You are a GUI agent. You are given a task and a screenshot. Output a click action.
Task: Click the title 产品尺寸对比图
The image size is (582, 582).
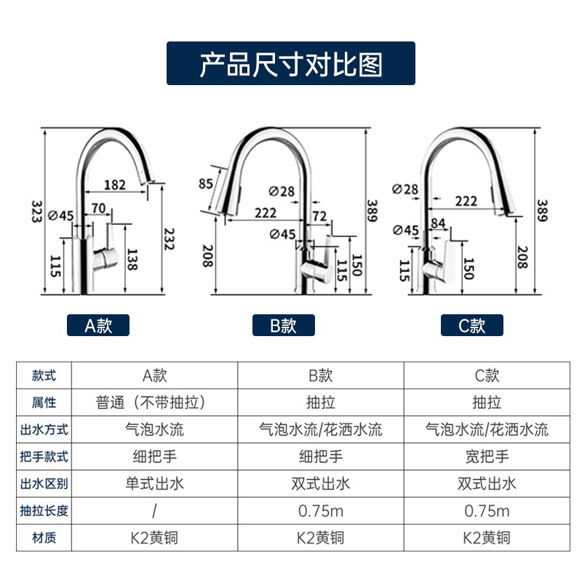(x=291, y=64)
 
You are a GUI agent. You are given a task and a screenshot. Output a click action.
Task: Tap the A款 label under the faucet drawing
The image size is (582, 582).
(x=98, y=325)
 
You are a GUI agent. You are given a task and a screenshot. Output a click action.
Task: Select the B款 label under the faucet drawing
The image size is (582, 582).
(x=284, y=325)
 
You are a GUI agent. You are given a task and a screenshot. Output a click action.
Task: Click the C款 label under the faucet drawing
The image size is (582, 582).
(x=471, y=325)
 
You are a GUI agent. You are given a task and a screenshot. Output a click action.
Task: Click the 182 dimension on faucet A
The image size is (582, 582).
(x=114, y=185)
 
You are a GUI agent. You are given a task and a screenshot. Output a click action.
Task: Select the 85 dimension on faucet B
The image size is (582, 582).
(x=205, y=184)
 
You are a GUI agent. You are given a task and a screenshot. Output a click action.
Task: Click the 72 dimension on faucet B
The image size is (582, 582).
(x=319, y=217)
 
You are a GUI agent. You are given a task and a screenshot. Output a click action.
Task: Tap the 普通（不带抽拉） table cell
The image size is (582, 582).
(x=154, y=402)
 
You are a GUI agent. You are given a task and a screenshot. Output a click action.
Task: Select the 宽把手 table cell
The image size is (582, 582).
(x=487, y=457)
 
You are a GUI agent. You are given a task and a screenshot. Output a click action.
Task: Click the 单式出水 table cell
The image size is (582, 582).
(x=154, y=484)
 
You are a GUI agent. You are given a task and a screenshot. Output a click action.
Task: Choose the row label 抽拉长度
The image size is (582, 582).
(x=44, y=511)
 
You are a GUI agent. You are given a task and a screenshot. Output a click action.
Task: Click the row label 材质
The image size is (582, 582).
(x=44, y=538)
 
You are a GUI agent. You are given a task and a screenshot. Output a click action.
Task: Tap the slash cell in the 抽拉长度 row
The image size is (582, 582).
(x=154, y=511)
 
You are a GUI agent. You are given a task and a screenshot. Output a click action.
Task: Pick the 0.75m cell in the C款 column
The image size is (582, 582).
(x=487, y=511)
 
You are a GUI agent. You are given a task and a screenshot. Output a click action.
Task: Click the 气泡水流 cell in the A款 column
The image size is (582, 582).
(x=154, y=429)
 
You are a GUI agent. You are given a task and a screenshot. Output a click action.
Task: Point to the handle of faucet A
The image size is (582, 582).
(x=111, y=247)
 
